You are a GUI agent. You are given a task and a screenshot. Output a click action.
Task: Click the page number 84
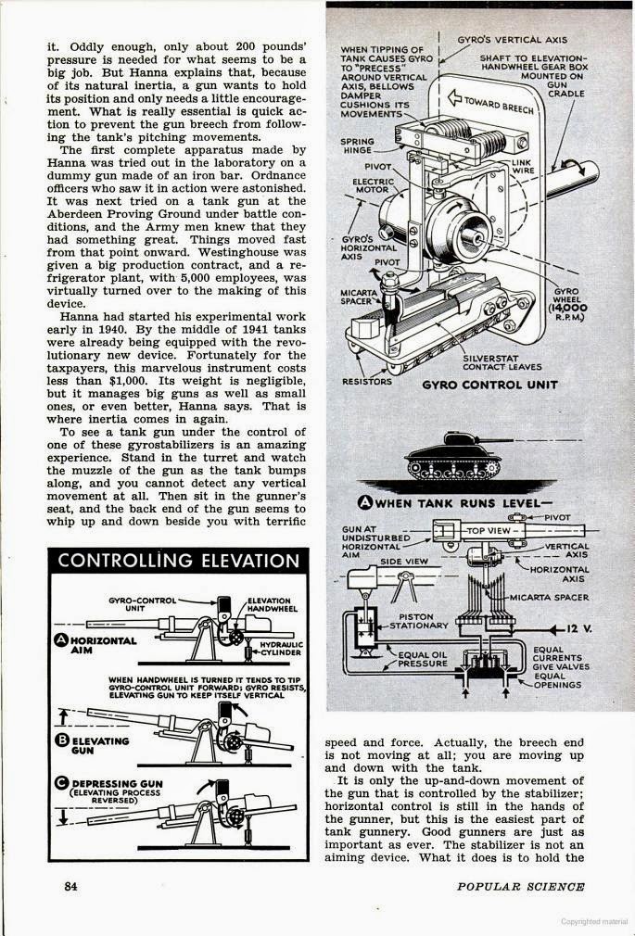pyautogui.click(x=70, y=886)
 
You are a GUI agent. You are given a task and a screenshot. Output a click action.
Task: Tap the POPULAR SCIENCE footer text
pyautogui.click(x=520, y=887)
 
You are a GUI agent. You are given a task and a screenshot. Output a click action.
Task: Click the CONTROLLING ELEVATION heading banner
pyautogui.click(x=179, y=560)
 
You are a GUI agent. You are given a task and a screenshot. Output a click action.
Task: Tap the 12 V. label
pyautogui.click(x=576, y=628)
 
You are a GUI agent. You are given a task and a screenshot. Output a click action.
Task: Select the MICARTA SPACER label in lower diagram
pyautogui.click(x=566, y=598)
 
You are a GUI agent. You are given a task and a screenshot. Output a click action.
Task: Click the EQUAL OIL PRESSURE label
pyautogui.click(x=422, y=659)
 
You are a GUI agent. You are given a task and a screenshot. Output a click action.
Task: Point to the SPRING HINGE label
pyautogui.click(x=357, y=145)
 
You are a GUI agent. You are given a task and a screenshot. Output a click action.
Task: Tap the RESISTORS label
pyautogui.click(x=366, y=381)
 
